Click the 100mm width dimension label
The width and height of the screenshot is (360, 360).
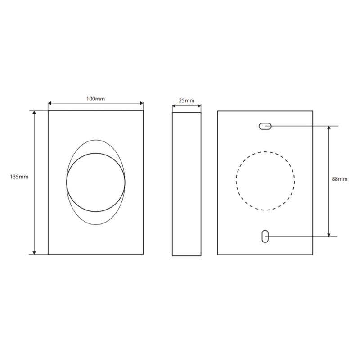coord(95,99)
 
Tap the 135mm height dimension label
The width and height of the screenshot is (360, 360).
coord(19,177)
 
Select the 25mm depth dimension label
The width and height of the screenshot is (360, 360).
coord(186,100)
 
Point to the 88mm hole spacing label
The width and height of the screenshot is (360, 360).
coord(340,179)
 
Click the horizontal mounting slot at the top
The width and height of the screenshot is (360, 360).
coord(265,126)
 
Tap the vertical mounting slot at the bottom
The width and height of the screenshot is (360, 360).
coord(265,236)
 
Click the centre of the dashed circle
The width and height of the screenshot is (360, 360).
coord(265,181)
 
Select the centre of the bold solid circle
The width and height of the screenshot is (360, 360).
coord(96,182)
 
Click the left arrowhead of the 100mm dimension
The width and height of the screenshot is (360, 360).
coord(49,103)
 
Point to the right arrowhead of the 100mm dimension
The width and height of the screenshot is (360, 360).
coord(142,103)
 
